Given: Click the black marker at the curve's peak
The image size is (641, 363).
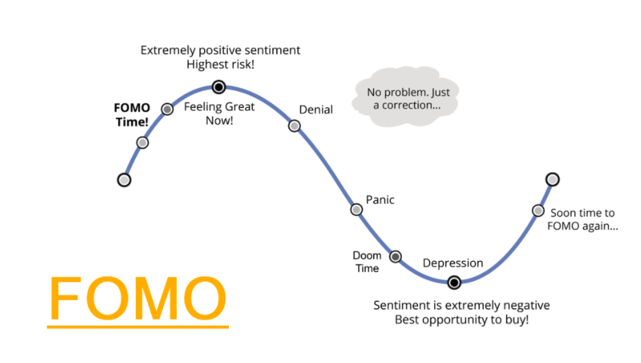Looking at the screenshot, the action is [219, 87].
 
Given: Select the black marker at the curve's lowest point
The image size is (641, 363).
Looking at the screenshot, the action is [454, 282].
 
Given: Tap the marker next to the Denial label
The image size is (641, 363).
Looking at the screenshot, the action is [294, 126].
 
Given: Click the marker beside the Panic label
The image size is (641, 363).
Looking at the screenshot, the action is [356, 210].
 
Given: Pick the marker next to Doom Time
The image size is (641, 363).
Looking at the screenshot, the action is [395, 257].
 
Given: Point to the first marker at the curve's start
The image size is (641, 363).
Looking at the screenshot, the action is [124, 180].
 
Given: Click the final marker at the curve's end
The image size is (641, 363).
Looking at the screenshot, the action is [552, 179].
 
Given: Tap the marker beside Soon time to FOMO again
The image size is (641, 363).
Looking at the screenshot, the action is [538, 210].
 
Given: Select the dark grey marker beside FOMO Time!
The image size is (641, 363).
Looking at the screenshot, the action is [167, 109].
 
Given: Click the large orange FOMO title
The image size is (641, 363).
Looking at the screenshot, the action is [138, 298].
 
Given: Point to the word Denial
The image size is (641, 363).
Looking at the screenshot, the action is [316, 109].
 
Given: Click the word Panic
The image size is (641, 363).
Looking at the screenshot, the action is [380, 200].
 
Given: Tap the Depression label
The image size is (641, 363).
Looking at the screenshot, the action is [453, 263].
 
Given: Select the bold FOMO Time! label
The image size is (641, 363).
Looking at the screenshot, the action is [132, 115].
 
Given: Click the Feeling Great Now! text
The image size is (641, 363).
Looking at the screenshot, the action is [219, 113].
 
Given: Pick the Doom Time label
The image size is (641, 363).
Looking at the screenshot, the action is [367, 262].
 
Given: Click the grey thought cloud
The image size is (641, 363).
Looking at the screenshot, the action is [407, 98].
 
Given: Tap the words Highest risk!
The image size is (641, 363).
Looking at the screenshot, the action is [220, 65].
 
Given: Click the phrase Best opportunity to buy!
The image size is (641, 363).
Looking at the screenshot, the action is [461, 320].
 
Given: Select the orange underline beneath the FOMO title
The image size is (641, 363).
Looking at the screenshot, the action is [138, 326].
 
